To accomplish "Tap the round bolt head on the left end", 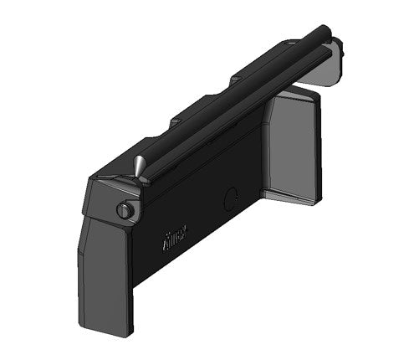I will (x=125, y=211).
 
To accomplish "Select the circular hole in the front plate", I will (x=231, y=198).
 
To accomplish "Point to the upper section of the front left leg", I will (x=102, y=243).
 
